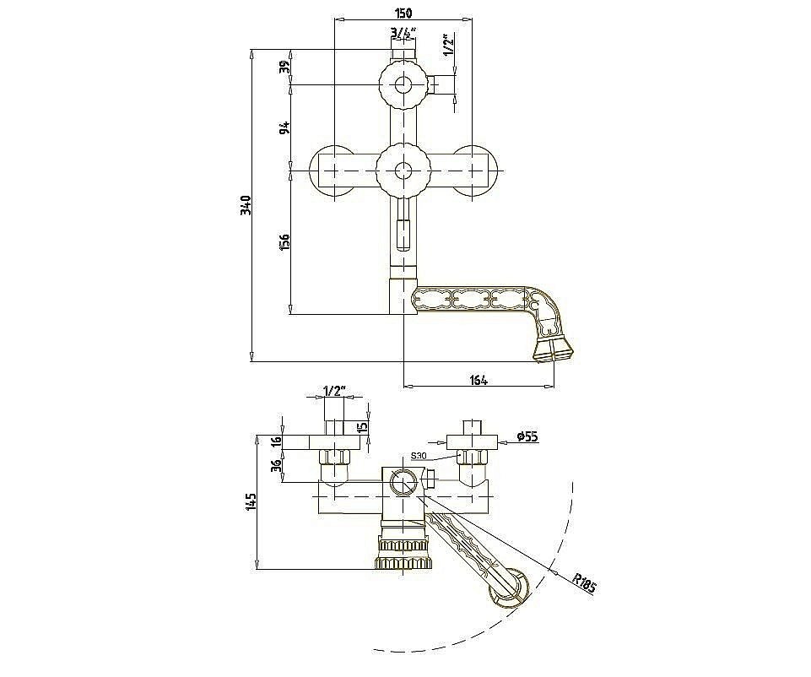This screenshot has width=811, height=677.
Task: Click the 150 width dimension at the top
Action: pyautogui.click(x=403, y=13)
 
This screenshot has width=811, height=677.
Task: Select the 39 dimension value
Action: pyautogui.click(x=284, y=67)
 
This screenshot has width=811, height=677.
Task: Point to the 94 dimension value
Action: pyautogui.click(x=284, y=127)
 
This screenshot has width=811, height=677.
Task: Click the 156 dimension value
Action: pyautogui.click(x=284, y=242)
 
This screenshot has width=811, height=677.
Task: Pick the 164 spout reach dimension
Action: pyautogui.click(x=478, y=381)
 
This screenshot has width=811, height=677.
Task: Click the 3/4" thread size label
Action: pyautogui.click(x=403, y=33)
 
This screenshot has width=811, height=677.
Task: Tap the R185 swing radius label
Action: pyautogui.click(x=585, y=583)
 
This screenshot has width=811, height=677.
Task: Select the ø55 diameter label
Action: pyautogui.click(x=527, y=437)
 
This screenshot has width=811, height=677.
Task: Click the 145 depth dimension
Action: pyautogui.click(x=251, y=502)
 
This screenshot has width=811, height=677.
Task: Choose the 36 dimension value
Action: pyautogui.click(x=278, y=466)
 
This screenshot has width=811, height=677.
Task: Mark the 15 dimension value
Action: pyautogui.click(x=363, y=427)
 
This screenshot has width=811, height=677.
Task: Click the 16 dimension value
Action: pyautogui.click(x=278, y=441)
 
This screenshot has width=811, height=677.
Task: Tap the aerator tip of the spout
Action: pyautogui.click(x=554, y=349)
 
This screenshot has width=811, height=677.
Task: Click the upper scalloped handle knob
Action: pyautogui.click(x=403, y=84)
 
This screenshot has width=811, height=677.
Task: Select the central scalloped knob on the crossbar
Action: pyautogui.click(x=403, y=171)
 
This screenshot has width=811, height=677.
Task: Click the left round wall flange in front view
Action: pyautogui.click(x=332, y=171)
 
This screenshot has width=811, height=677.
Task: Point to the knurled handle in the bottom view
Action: pyautogui.click(x=403, y=554)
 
